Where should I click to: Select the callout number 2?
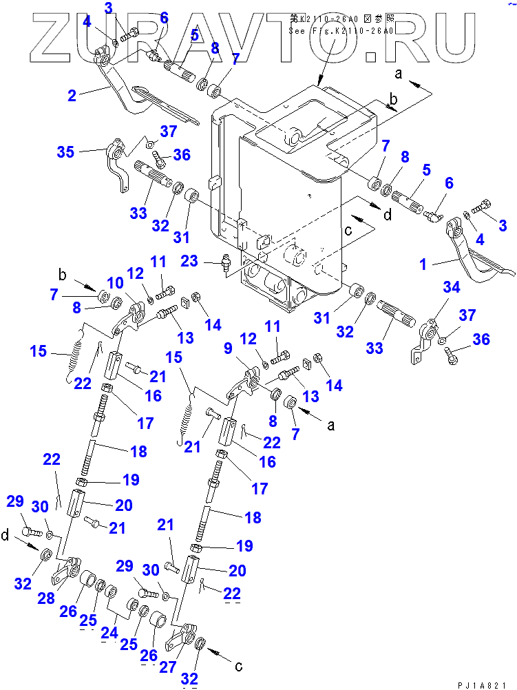click(x=71, y=96)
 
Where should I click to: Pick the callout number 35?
click(x=65, y=151)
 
